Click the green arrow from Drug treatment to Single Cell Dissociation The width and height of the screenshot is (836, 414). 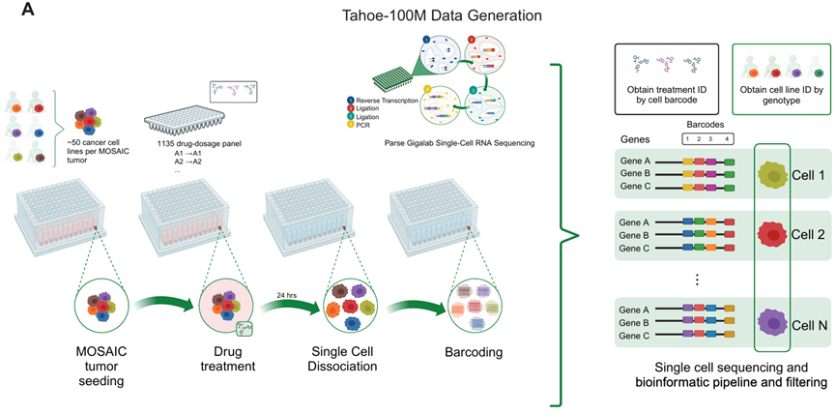click(x=290, y=308)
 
